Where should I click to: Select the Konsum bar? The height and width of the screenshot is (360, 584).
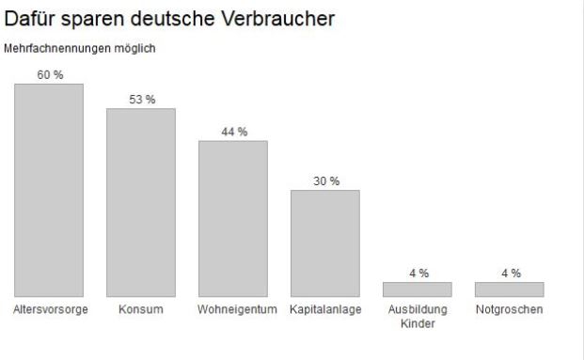141,203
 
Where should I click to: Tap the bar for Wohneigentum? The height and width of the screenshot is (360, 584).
233,219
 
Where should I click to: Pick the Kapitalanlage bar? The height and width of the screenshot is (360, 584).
325,243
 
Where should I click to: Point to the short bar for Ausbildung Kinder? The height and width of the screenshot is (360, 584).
418,290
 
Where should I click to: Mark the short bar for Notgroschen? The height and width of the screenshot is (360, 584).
510,290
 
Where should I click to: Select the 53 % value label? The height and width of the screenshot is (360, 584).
142,100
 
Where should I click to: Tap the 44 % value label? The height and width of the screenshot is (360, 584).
234,132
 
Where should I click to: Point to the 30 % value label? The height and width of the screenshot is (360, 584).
326,181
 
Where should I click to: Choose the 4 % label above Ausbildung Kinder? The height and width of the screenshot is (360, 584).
418,273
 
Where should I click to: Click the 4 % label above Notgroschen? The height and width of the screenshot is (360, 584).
511,273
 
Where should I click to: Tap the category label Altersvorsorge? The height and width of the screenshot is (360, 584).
50,310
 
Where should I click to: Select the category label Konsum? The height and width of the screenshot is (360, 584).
141,310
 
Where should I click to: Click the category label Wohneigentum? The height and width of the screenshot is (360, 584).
233,310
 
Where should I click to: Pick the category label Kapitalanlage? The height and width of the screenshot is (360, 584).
325,310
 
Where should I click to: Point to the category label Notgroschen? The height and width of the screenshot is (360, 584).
510,310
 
